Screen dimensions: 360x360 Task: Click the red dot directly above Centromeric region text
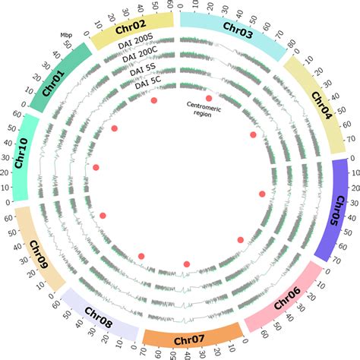coord(209,98)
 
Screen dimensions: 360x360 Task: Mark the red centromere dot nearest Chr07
coord(186,264)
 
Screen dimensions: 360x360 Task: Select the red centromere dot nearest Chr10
coord(96,167)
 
